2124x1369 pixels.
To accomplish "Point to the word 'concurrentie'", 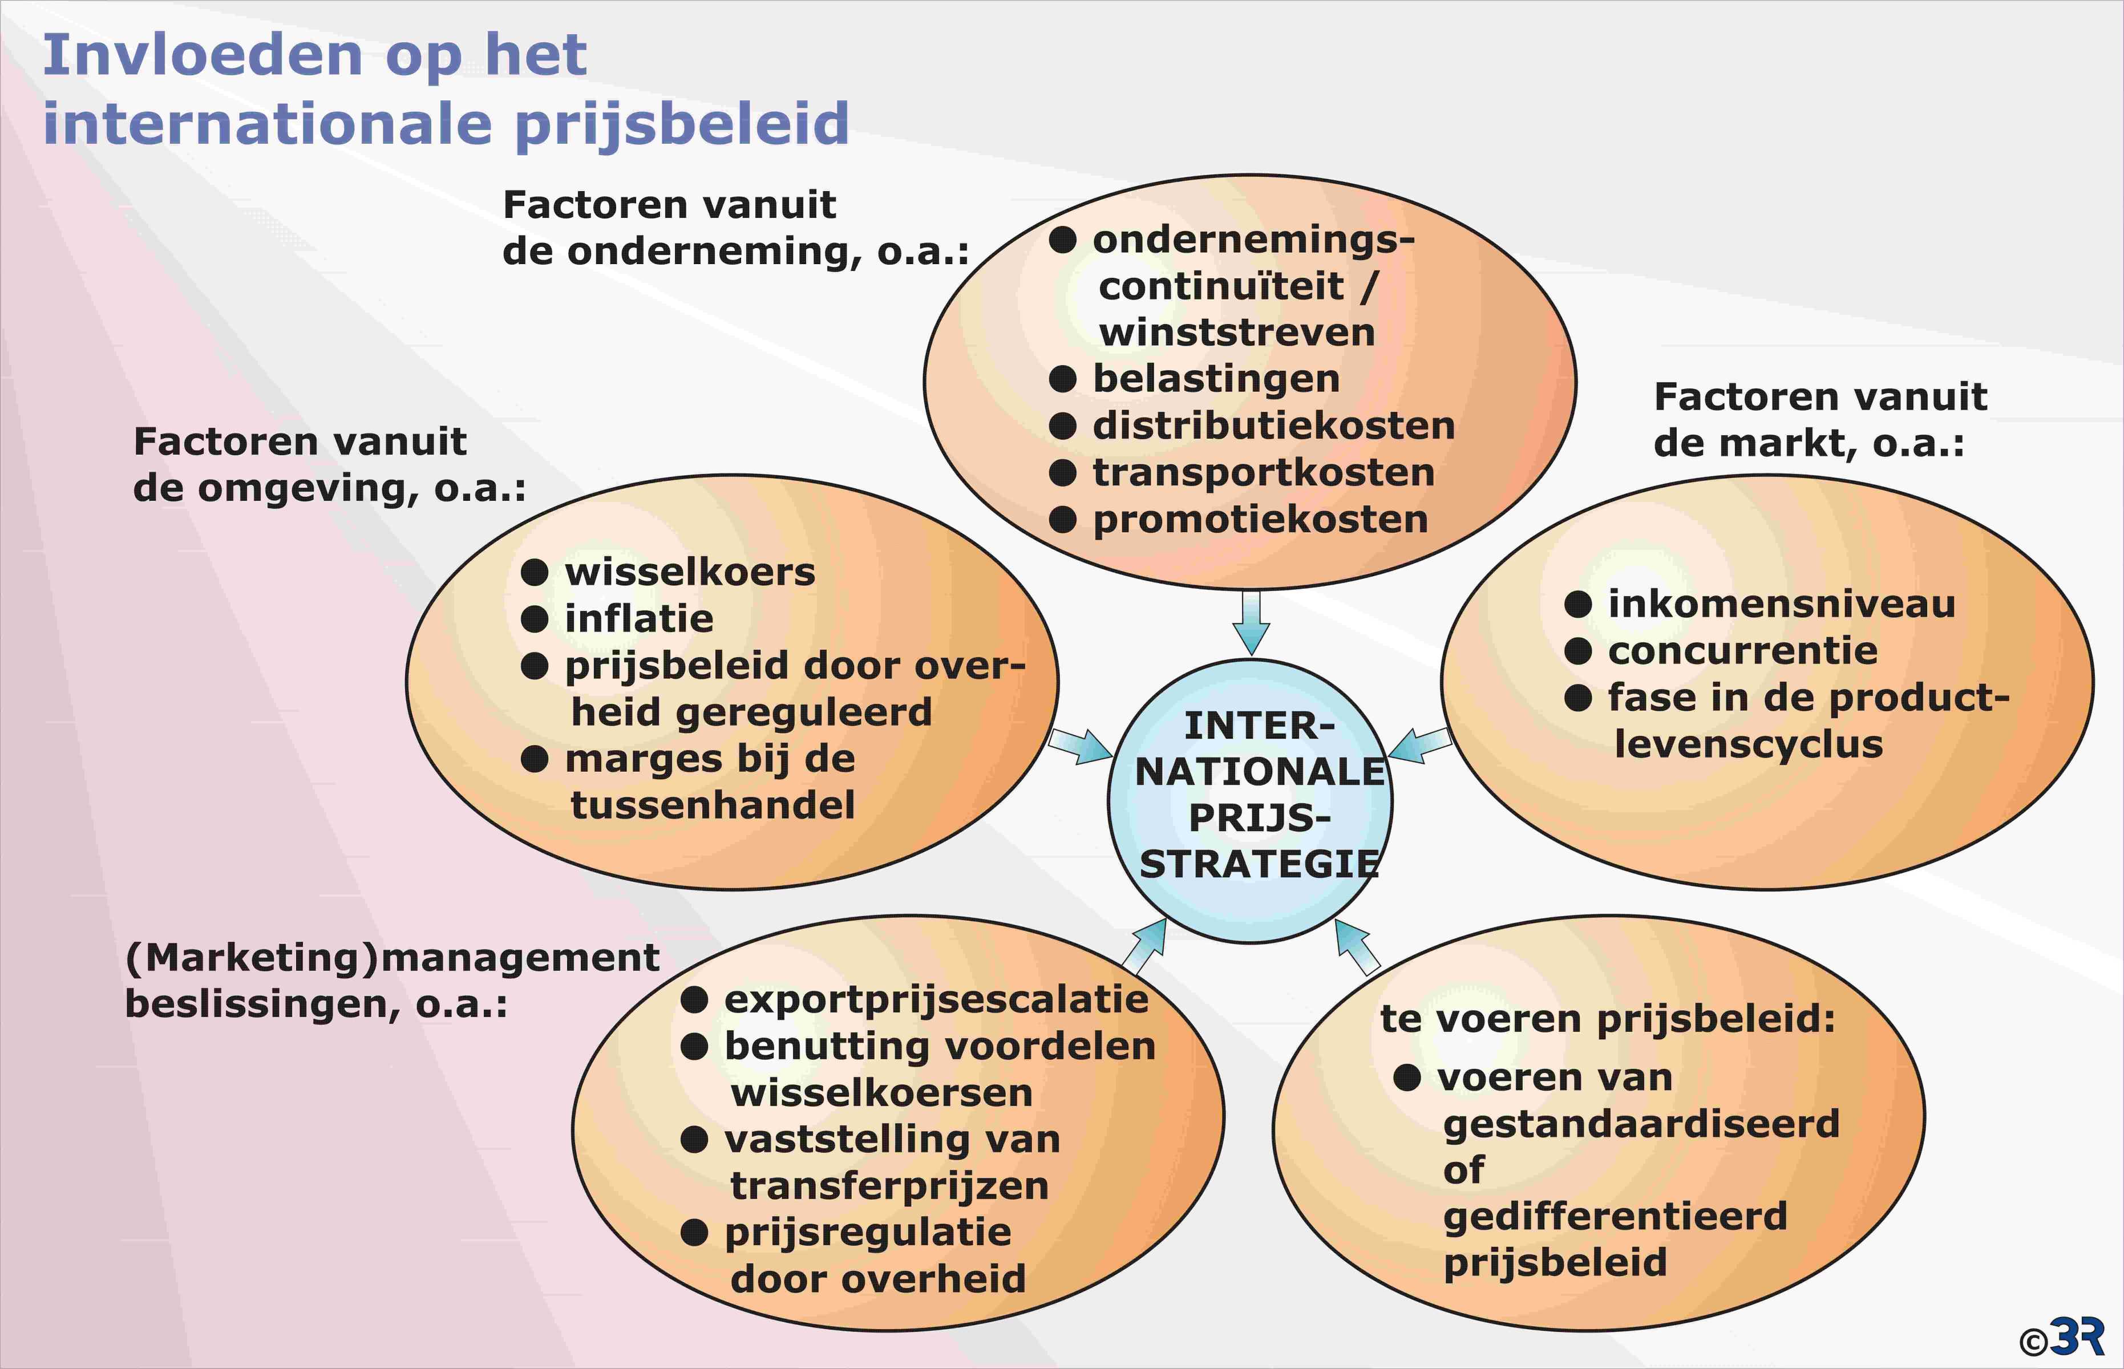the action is click(x=1742, y=651).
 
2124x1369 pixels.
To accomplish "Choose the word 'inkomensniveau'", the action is click(x=1782, y=605).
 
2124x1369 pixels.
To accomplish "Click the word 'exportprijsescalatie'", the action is click(x=936, y=1000).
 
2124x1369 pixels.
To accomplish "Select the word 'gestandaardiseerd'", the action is click(x=1641, y=1124).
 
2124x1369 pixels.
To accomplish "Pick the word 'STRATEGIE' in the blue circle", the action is click(x=1259, y=865).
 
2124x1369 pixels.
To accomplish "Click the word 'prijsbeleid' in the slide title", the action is click(x=682, y=124).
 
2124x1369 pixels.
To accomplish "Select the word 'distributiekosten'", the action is click(x=1273, y=426).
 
